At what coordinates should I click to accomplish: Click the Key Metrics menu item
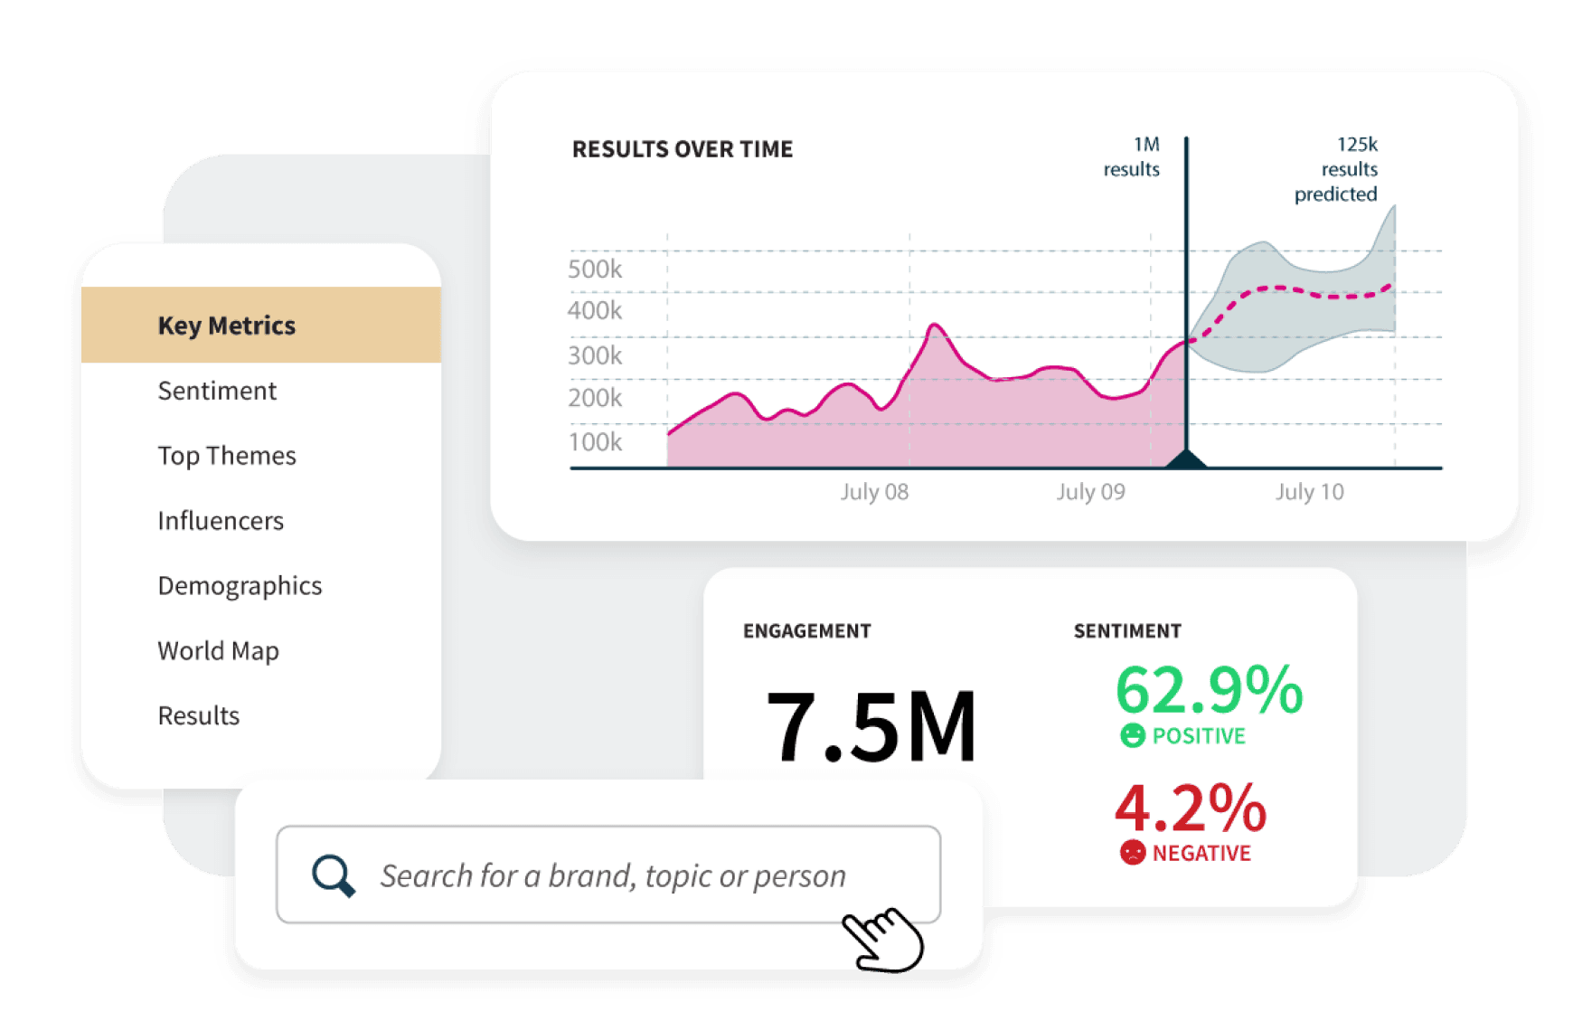pos(227,326)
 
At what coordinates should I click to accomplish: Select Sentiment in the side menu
pos(217,391)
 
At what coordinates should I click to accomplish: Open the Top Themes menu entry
pos(227,456)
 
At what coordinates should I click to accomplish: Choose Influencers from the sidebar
pos(221,521)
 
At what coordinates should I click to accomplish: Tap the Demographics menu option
pos(240,586)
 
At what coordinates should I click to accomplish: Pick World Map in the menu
pos(218,651)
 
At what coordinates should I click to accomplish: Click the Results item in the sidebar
pos(199,716)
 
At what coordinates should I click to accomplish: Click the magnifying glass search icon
pos(333,875)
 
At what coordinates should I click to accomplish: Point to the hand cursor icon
pos(882,939)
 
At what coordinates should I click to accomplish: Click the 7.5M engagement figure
pos(871,726)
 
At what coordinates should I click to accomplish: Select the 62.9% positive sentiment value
pos(1209,691)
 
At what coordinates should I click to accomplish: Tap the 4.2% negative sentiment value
pos(1190,808)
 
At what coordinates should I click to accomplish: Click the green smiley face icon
pos(1132,735)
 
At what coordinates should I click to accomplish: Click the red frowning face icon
pos(1132,852)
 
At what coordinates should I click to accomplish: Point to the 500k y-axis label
pos(595,270)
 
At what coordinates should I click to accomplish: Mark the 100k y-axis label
pos(595,442)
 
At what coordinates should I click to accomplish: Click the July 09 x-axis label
pos(1090,492)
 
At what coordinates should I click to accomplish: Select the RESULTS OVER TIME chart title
pos(683,149)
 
